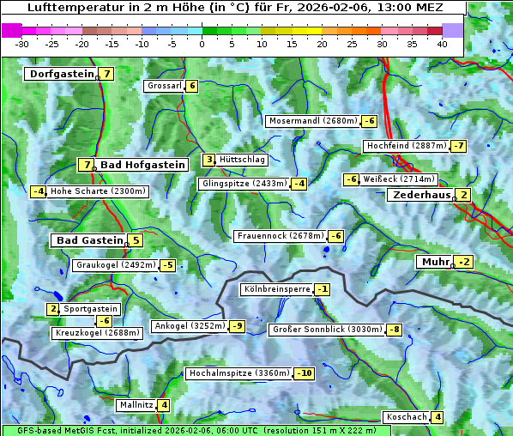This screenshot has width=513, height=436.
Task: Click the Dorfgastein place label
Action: pyautogui.click(x=61, y=74)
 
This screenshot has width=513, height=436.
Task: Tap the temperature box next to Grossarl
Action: pyautogui.click(x=193, y=86)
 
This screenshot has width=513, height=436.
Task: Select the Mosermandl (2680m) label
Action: pyautogui.click(x=313, y=121)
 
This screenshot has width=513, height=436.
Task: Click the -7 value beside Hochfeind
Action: pyautogui.click(x=459, y=146)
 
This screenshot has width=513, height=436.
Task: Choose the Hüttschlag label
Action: pyautogui.click(x=243, y=160)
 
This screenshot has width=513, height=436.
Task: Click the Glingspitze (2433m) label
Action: pyautogui.click(x=244, y=184)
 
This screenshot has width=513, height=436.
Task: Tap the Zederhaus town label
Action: pyautogui.click(x=420, y=195)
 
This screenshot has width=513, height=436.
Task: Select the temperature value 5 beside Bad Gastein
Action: pyautogui.click(x=136, y=240)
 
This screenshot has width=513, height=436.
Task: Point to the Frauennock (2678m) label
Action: pyautogui.click(x=280, y=236)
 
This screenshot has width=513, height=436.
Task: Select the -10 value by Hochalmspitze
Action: pyautogui.click(x=305, y=373)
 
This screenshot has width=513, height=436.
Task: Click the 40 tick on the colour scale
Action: pyautogui.click(x=442, y=43)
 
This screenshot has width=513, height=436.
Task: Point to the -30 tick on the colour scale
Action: pyautogui.click(x=22, y=43)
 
